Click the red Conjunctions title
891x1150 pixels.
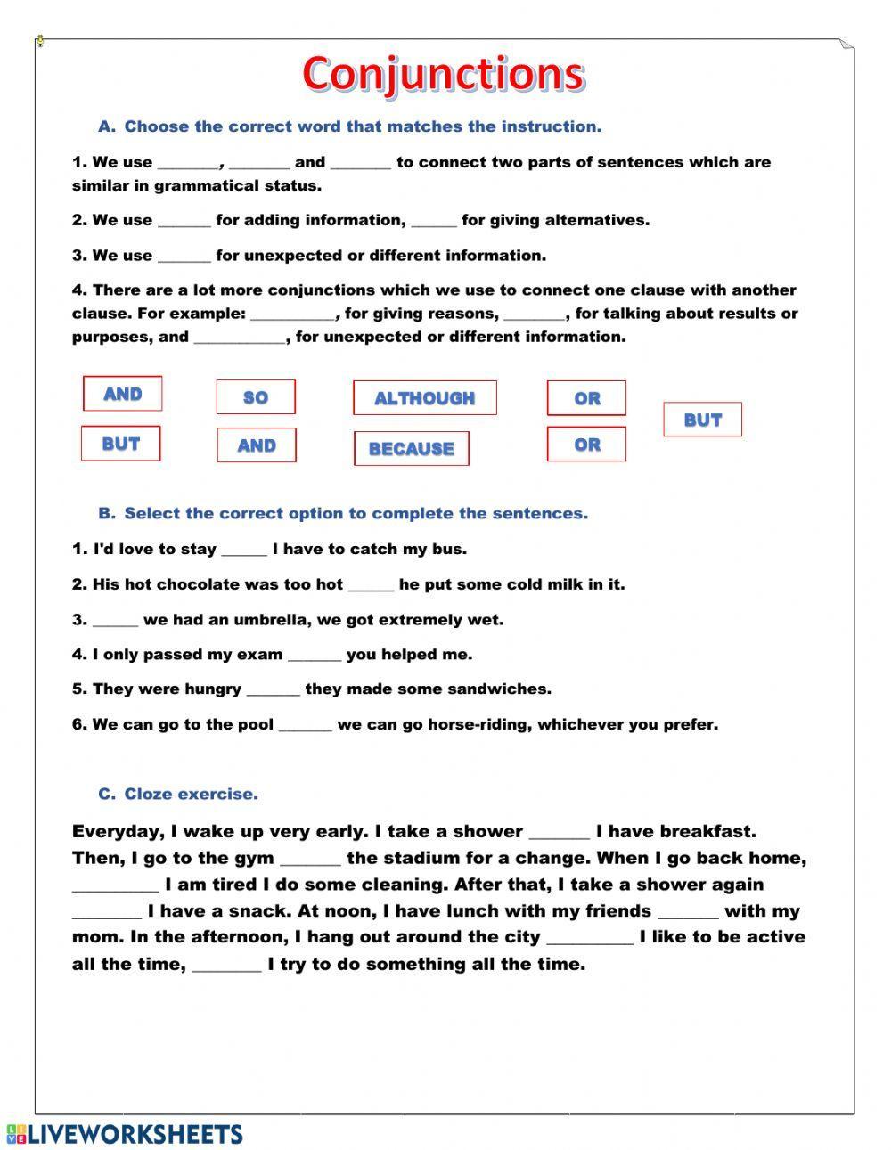(x=443, y=74)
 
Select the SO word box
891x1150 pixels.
(x=256, y=397)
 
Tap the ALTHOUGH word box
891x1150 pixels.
(x=424, y=398)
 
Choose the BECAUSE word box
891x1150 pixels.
(x=411, y=449)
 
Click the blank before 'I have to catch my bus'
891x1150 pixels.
(x=244, y=551)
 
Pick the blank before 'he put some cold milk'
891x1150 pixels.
(x=371, y=586)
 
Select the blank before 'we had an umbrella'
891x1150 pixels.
(x=115, y=621)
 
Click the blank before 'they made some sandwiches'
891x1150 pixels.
(x=273, y=690)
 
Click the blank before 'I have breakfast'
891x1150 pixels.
(x=560, y=833)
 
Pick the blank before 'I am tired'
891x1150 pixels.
(x=115, y=886)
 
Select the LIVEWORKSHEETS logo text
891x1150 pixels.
(x=126, y=1134)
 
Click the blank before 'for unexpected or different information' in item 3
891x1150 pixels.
(x=184, y=257)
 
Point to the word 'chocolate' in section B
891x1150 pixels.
(x=198, y=585)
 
